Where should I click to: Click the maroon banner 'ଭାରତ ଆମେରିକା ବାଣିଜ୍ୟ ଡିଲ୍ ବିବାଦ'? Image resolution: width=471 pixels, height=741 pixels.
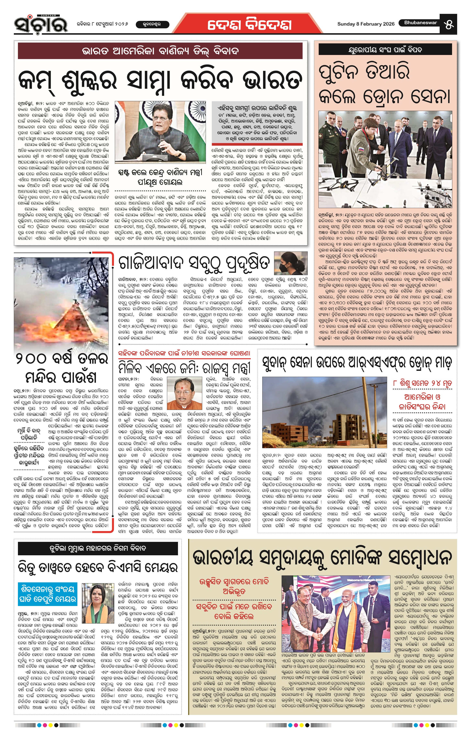(x=160, y=51)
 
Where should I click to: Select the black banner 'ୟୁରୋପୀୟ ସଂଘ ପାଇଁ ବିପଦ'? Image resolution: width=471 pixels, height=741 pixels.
(x=385, y=49)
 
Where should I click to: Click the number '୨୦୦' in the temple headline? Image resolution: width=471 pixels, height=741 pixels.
(x=31, y=359)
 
